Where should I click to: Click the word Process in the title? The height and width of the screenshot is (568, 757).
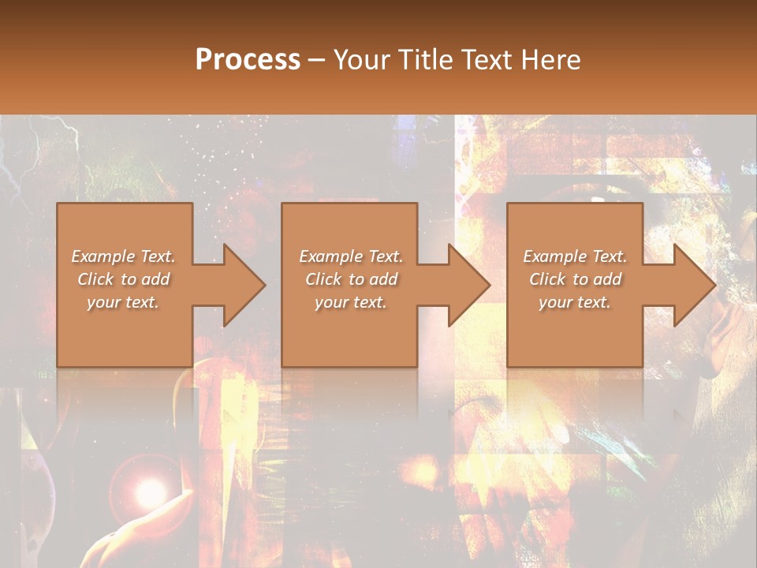tap(248, 60)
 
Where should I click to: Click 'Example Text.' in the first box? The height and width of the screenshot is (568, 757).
tap(124, 256)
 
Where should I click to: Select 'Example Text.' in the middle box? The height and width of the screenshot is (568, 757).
tap(351, 256)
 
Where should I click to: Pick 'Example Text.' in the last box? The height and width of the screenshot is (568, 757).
tap(575, 256)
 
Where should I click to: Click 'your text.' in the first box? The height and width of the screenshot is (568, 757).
tap(124, 302)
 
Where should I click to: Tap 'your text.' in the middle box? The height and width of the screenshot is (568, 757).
tap(351, 302)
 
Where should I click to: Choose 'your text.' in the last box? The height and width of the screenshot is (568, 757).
tap(575, 302)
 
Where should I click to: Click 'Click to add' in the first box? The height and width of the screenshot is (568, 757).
tap(124, 279)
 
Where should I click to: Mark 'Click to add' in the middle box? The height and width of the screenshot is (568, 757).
tap(351, 279)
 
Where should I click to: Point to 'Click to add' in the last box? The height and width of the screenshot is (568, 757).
tap(575, 279)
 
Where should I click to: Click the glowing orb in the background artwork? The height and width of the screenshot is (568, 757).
tap(146, 493)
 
